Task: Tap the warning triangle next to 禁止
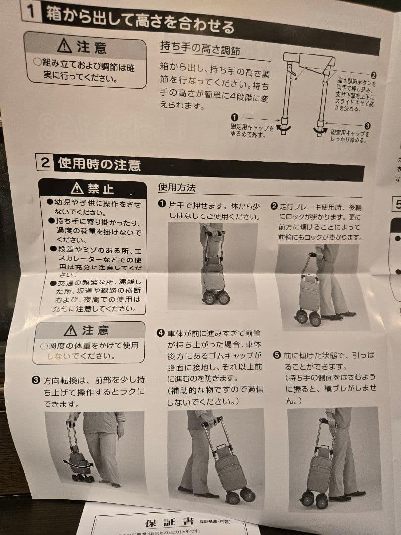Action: click(77, 188)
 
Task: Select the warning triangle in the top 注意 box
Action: click(65, 46)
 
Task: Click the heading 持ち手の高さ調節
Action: click(200, 48)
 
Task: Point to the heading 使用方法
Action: click(177, 188)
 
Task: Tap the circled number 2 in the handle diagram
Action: click(373, 75)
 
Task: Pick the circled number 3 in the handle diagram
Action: click(367, 126)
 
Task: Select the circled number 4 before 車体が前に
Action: click(160, 333)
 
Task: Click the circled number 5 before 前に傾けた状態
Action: click(277, 355)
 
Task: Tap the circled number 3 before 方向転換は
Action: click(36, 380)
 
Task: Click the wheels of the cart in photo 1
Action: click(216, 297)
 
